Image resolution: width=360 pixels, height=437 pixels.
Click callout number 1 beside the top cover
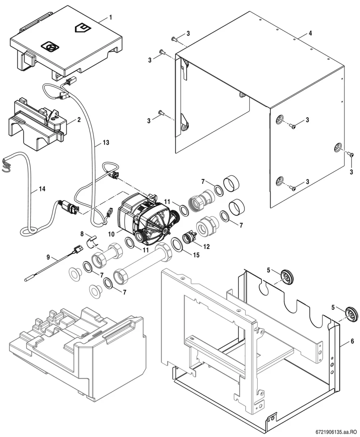coord(111,18)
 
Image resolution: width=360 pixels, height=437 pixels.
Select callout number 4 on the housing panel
coord(310,33)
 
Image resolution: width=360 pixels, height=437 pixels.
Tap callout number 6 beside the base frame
coord(352,341)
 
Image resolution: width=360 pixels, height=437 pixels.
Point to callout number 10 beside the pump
coord(111,234)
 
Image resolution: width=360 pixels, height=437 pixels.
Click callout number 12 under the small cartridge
coord(207,247)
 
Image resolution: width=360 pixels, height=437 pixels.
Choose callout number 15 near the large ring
coord(196,255)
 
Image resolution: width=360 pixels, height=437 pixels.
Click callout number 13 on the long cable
coord(106,142)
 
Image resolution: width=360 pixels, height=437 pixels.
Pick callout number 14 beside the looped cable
coord(42,189)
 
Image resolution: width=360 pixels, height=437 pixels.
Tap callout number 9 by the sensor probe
coord(48,258)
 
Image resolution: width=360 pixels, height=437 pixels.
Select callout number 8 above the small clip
coord(82,234)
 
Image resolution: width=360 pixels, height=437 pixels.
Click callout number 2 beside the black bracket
coord(79,119)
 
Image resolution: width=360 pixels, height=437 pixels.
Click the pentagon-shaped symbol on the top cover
coord(82,28)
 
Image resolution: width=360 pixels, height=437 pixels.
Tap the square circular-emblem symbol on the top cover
coord(50,47)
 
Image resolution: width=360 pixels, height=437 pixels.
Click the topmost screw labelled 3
coord(175,38)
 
